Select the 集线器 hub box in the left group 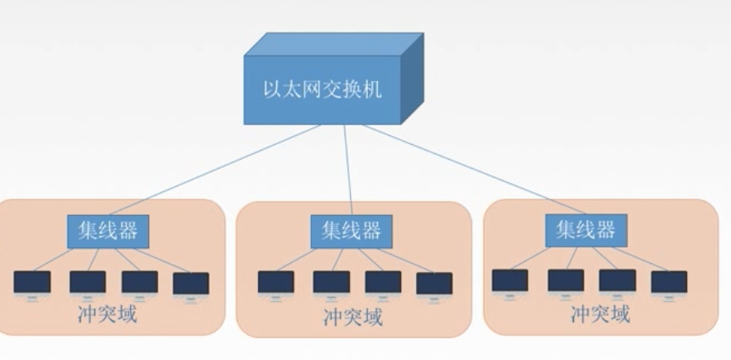point(107,230)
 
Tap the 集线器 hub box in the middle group point(345,230)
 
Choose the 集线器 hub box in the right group point(585,230)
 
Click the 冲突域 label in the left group point(107,314)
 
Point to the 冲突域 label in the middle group point(352,316)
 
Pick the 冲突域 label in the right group point(600,314)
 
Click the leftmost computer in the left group point(32,283)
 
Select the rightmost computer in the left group point(190,283)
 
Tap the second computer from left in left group point(87,283)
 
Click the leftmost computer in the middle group point(276,283)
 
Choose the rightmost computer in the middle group point(434,283)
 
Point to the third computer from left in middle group point(383,283)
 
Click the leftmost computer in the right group point(510,281)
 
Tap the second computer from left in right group point(565,281)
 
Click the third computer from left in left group point(139,283)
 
